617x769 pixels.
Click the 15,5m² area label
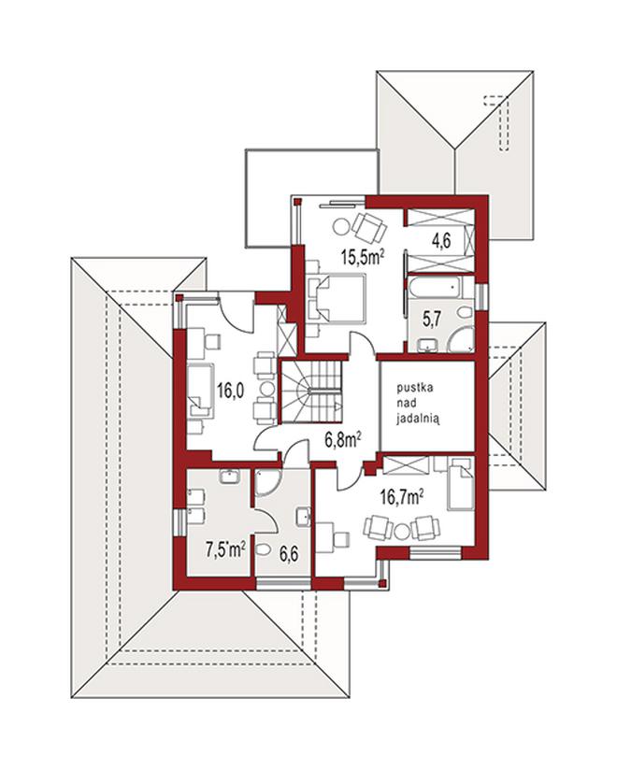point(363,257)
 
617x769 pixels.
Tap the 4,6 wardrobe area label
point(440,241)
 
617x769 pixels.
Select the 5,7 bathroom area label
point(432,320)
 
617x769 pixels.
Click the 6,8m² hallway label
point(343,440)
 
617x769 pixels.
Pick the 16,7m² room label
point(402,498)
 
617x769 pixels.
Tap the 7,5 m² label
point(225,549)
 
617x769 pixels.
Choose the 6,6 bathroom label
point(290,556)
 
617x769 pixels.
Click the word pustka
point(415,389)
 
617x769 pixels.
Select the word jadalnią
point(419,419)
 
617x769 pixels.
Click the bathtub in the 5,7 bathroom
point(435,287)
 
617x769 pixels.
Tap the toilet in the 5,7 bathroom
point(465,311)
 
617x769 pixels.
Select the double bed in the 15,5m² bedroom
point(337,299)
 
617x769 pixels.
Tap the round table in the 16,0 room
point(266,389)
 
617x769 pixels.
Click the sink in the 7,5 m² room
point(230,477)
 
